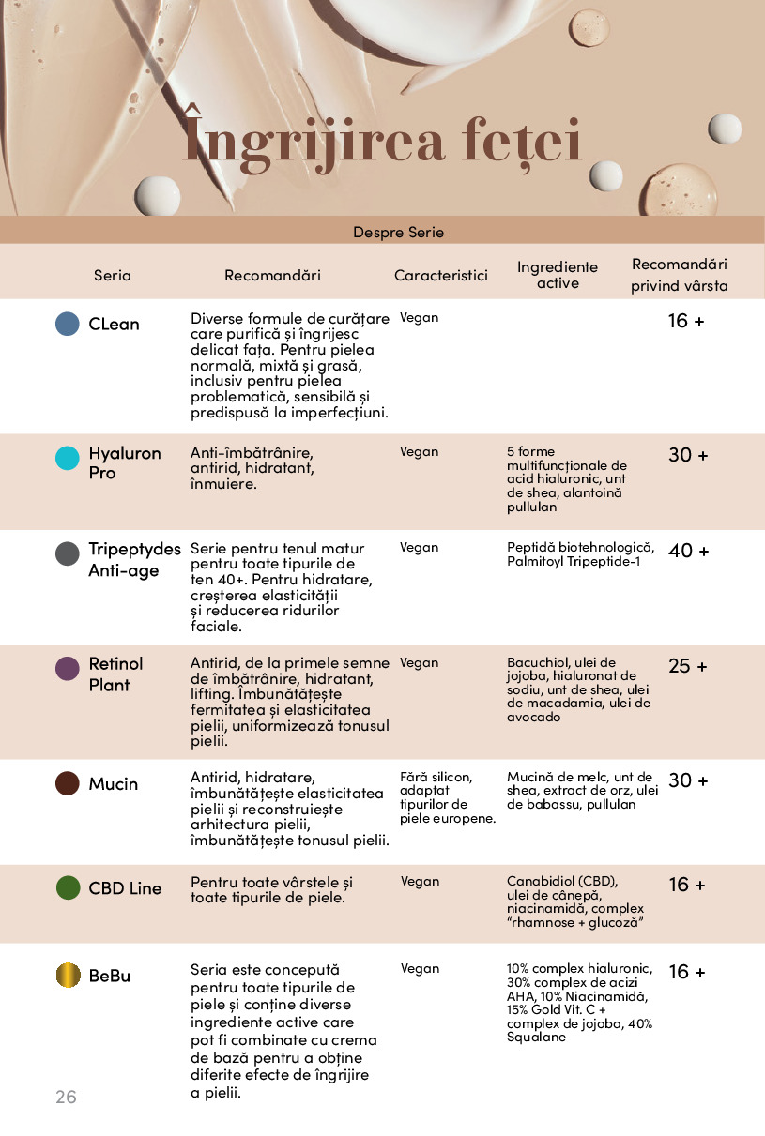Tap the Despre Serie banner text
pyautogui.click(x=398, y=232)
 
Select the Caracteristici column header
pyautogui.click(x=441, y=275)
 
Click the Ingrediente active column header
pyautogui.click(x=558, y=275)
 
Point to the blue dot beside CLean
pyautogui.click(x=68, y=324)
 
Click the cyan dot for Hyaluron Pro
pyautogui.click(x=68, y=458)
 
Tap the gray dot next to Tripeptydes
pyautogui.click(x=68, y=553)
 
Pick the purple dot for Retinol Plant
pyautogui.click(x=68, y=669)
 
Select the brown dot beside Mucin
pyautogui.click(x=68, y=783)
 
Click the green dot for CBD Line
pyautogui.click(x=69, y=887)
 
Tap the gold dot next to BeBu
pyautogui.click(x=69, y=975)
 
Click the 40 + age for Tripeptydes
pyautogui.click(x=688, y=551)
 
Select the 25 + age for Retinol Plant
pyautogui.click(x=688, y=666)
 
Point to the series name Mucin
pyautogui.click(x=114, y=784)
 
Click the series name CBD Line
pyautogui.click(x=125, y=888)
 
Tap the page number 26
pyautogui.click(x=66, y=1097)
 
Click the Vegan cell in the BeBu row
pyautogui.click(x=420, y=969)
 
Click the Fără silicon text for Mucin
pyautogui.click(x=436, y=777)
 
